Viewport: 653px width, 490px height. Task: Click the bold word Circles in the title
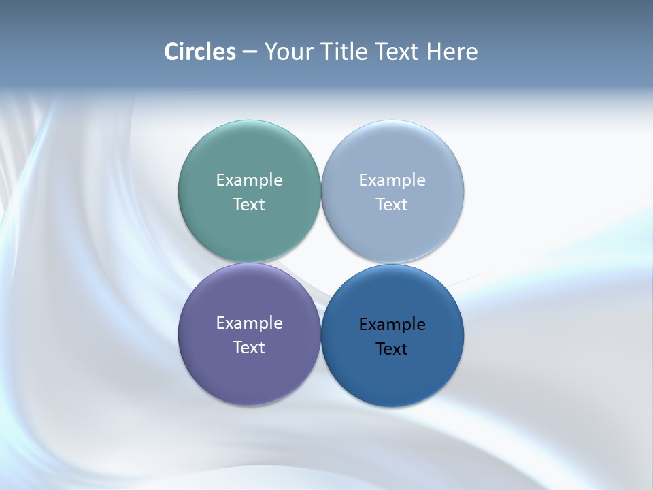coord(200,52)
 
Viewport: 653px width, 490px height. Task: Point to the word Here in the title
coord(452,52)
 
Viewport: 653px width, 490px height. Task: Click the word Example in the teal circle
coord(249,180)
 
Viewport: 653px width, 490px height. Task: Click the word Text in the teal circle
coord(249,204)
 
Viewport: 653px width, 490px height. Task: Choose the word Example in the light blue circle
coord(392,180)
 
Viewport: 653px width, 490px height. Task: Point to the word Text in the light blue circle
coord(392,204)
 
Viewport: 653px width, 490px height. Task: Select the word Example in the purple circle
coord(249,323)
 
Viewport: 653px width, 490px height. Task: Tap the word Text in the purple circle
coord(249,347)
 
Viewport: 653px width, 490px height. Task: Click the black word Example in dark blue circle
coord(392,324)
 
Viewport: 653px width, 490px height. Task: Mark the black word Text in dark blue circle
coord(392,348)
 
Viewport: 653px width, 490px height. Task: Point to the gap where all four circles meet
coord(321,263)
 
